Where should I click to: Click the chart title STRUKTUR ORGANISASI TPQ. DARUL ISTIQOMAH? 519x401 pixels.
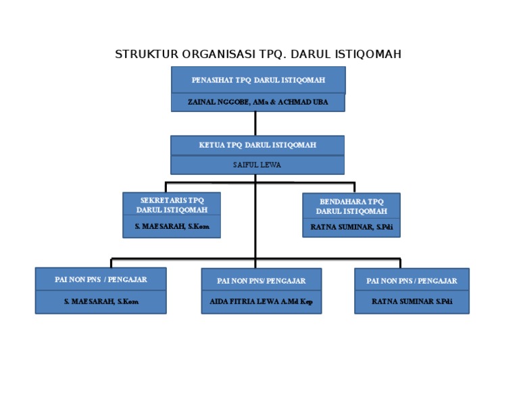(x=258, y=55)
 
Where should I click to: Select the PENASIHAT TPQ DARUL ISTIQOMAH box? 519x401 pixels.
(x=258, y=80)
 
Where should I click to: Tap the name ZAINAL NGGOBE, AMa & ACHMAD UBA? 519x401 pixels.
(x=258, y=102)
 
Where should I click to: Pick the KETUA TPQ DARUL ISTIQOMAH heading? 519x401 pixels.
(x=257, y=145)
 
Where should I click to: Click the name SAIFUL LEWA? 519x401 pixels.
(x=257, y=165)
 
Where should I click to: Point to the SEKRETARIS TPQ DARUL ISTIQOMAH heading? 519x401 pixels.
(x=172, y=205)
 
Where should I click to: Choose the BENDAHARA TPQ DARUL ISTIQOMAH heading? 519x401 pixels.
(x=351, y=206)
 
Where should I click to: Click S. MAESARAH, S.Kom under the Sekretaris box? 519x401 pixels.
(x=172, y=227)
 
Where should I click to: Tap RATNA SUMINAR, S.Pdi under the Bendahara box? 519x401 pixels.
(x=351, y=227)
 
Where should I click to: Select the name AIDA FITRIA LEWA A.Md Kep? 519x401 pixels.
(x=261, y=302)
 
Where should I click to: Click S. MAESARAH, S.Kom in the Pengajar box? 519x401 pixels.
(x=101, y=302)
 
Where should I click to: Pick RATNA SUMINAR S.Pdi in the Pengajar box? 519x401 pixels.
(x=412, y=302)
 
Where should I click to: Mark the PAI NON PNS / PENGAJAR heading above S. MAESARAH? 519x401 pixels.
(x=101, y=279)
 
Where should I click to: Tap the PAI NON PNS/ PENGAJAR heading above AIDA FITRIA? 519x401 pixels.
(x=261, y=281)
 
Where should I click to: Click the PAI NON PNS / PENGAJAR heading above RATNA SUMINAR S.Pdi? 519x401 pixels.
(x=412, y=281)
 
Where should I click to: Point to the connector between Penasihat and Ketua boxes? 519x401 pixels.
(x=255, y=124)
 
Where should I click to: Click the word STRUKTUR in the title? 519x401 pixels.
(x=142, y=55)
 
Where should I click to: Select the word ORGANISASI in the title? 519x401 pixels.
(x=209, y=55)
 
